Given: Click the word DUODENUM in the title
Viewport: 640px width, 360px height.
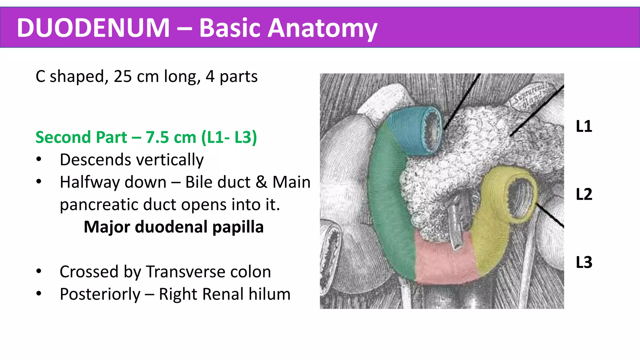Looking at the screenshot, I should coord(93,28).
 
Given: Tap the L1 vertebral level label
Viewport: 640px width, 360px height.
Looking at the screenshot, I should coord(584,127).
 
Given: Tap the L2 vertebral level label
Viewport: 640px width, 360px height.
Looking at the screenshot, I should coord(584,194).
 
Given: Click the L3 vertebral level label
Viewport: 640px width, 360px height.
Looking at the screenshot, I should coord(584,262).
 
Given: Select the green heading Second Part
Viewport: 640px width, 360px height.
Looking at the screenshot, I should coord(81,137).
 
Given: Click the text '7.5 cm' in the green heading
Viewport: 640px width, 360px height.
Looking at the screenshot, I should coord(171,137).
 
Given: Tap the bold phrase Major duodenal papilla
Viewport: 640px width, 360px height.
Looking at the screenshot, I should coord(174,227).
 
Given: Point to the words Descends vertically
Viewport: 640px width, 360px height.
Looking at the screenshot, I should coord(132,160).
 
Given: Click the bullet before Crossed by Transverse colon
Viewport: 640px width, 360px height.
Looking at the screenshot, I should coord(39,271).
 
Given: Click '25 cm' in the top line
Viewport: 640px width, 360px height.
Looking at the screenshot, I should coord(136,77).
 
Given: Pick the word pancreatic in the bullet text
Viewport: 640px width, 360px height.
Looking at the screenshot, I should coord(99,205).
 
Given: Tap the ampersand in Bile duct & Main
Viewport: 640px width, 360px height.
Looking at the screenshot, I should coord(261,182).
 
